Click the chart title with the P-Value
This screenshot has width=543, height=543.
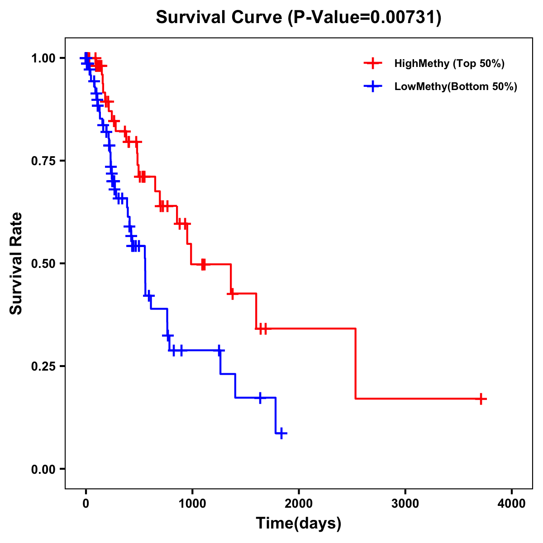pos(299,18)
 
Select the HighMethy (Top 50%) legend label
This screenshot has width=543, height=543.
pos(449,63)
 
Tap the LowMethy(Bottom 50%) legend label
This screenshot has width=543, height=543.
pos(456,86)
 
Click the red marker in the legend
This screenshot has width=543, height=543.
pos(373,63)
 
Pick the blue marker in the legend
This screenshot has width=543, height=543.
pos(373,86)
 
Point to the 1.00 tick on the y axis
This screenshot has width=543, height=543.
pos(43,58)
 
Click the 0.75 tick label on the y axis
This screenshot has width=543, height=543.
pos(43,161)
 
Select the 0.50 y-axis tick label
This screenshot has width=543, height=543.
pos(43,264)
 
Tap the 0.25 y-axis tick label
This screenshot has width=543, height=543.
pos(43,367)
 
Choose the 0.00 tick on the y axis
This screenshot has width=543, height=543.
pos(43,469)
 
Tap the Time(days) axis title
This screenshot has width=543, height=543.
pos(299,524)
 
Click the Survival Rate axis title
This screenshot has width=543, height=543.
pos(17,263)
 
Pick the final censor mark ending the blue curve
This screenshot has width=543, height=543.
pos(281,433)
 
